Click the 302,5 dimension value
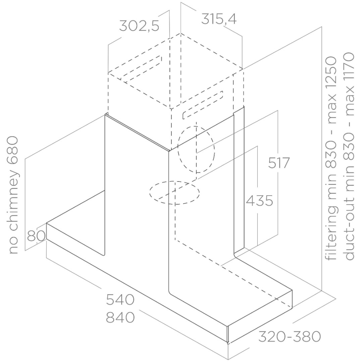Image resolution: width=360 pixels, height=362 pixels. (139, 26)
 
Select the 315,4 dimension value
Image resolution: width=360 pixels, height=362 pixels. (219, 19)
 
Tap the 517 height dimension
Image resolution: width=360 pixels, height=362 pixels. (279, 163)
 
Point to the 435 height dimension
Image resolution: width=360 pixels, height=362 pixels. (259, 201)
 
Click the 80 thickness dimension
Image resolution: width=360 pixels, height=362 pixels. (36, 236)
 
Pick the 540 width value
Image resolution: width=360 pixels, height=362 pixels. (120, 300)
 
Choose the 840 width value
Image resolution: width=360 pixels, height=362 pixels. (120, 317)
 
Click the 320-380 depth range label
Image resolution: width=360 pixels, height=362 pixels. (289, 337)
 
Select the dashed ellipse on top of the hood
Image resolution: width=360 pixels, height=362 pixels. (174, 193)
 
